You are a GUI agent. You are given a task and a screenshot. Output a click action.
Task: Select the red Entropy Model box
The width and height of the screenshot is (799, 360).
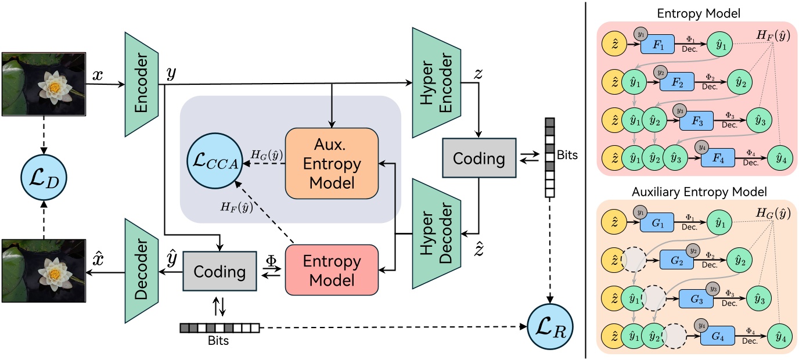pyautogui.click(x=332, y=271)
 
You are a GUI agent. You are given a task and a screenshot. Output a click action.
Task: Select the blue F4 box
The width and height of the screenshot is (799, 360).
pyautogui.click(x=717, y=159)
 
